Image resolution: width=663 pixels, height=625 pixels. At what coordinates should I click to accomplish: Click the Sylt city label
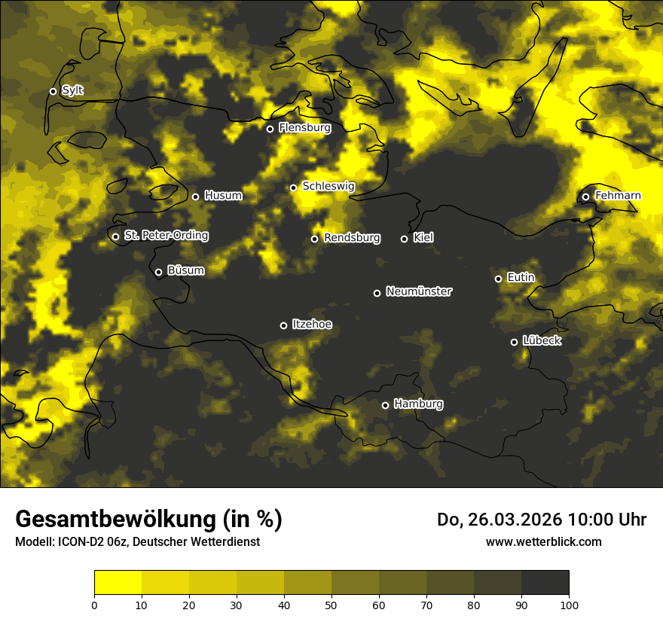pyautogui.click(x=72, y=90)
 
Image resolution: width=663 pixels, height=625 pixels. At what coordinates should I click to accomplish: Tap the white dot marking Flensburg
pyautogui.click(x=270, y=129)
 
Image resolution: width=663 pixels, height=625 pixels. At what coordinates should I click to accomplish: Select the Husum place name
pyautogui.click(x=223, y=196)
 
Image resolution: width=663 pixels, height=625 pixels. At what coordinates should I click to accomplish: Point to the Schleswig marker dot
pyautogui.click(x=293, y=187)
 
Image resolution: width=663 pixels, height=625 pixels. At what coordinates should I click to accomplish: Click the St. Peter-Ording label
pyautogui.click(x=166, y=236)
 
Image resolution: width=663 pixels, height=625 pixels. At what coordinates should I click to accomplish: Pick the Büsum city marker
pyautogui.click(x=158, y=273)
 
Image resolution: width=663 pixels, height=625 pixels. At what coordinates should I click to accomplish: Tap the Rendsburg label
pyautogui.click(x=352, y=238)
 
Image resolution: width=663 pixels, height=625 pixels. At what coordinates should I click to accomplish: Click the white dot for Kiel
pyautogui.click(x=404, y=239)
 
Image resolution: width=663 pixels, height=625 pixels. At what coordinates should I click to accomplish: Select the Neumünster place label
pyautogui.click(x=419, y=291)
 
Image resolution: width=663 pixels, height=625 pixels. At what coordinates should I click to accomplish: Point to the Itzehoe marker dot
pyautogui.click(x=283, y=325)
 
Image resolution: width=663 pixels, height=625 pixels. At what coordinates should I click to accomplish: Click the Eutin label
pyautogui.click(x=521, y=278)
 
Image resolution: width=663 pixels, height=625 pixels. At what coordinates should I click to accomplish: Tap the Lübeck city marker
pyautogui.click(x=514, y=342)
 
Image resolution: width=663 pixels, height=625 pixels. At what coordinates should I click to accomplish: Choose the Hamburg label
pyautogui.click(x=418, y=404)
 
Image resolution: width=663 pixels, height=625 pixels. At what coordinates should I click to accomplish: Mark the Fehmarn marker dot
pyautogui.click(x=585, y=197)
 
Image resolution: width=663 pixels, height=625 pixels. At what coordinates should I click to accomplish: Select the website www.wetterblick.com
pyautogui.click(x=544, y=541)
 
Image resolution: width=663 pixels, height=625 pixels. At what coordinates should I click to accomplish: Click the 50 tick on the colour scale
pyautogui.click(x=331, y=604)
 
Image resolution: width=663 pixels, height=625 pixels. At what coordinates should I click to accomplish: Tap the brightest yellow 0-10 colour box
pyautogui.click(x=118, y=583)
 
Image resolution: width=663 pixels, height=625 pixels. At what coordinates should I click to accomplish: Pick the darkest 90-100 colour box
pyautogui.click(x=545, y=583)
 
